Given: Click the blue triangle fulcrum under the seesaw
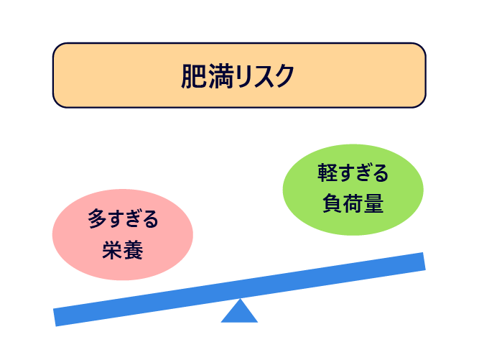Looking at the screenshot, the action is point(240,311).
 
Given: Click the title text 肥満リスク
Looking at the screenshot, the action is point(238,76).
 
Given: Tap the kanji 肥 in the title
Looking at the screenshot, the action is point(195,76).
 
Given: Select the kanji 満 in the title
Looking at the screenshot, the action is point(221,76).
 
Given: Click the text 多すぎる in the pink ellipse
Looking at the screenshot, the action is point(123,219).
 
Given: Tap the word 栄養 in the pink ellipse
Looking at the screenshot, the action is point(123,250).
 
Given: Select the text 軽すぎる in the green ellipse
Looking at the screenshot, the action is point(353,173).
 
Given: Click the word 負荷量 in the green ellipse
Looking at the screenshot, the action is point(353,203).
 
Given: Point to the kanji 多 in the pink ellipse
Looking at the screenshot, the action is point(97,219).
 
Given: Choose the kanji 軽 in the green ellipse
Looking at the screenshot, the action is point(327,173).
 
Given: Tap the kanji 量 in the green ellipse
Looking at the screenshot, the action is point(373,203).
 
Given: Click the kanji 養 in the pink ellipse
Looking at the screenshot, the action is point(133,250).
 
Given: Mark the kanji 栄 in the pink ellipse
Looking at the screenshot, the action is point(112,250).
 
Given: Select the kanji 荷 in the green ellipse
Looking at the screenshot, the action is point(353,203).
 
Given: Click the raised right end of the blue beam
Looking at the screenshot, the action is point(424,262).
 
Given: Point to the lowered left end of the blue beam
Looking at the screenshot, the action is point(55,318).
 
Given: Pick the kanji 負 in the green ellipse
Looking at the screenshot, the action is point(332,203).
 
